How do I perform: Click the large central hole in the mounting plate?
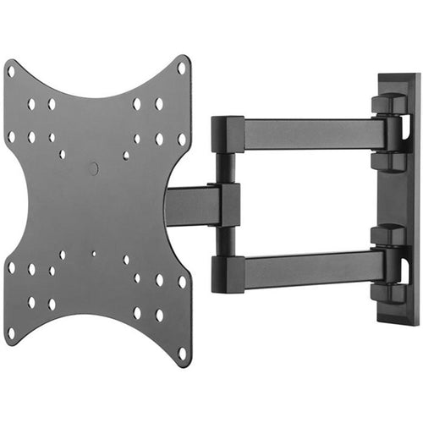93,168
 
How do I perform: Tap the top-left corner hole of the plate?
11,71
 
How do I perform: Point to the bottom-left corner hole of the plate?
11,332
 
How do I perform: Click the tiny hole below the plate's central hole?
94,253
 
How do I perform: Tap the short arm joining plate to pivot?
193,206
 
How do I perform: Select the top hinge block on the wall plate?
388,103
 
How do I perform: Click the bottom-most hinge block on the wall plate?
388,292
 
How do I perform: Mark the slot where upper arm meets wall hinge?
392,134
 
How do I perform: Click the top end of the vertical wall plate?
398,81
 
